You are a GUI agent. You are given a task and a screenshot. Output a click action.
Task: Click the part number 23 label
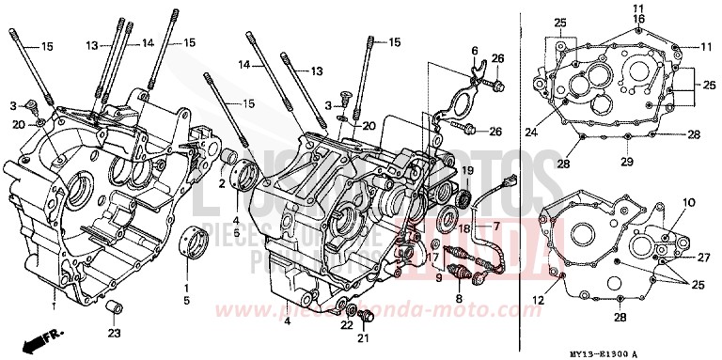pos(114,332)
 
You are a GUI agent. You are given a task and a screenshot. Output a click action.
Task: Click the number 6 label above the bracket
pos(475,50)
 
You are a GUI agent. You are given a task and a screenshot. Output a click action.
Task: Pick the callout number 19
pos(464,169)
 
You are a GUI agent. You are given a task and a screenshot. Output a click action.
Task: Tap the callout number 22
pos(346,325)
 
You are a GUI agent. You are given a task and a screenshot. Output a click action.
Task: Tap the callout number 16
pos(637,18)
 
